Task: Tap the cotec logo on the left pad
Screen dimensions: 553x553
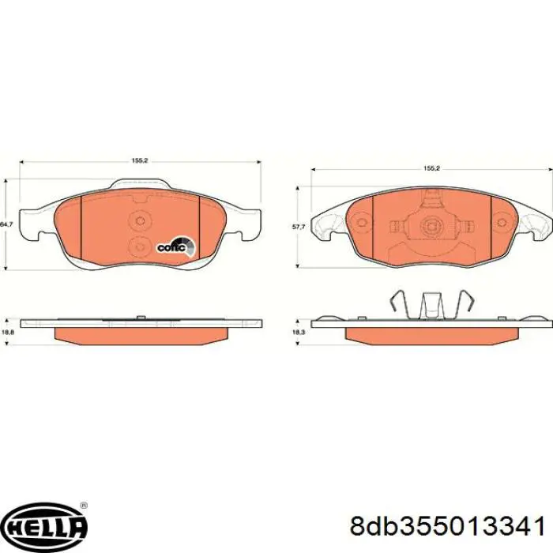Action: pyautogui.click(x=172, y=246)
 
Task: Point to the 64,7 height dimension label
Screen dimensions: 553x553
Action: pyautogui.click(x=7, y=225)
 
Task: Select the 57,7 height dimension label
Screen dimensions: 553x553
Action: pyautogui.click(x=298, y=228)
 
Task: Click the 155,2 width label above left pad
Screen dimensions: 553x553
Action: pyautogui.click(x=140, y=161)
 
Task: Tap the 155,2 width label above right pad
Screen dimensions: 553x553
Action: pyautogui.click(x=431, y=168)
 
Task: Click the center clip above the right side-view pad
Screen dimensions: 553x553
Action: pyautogui.click(x=431, y=304)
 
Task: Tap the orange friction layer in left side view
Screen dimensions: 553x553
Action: pyautogui.click(x=139, y=335)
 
